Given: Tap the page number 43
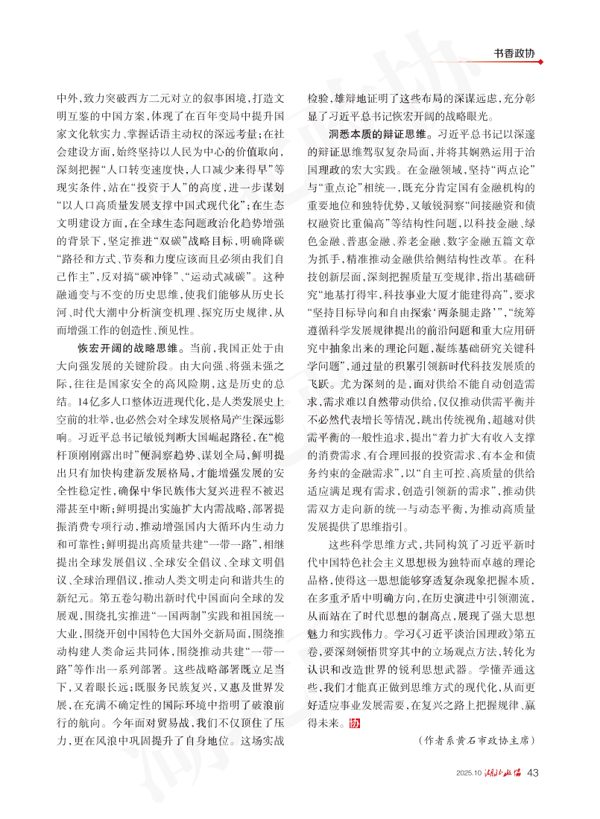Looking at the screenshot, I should tap(532, 773).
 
